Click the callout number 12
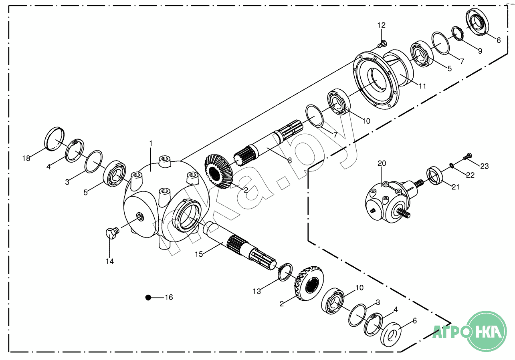pos(381,25)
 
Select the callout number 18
pos(26,159)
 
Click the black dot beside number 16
pos(148,297)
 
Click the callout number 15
pos(200,254)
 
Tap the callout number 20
pos(381,163)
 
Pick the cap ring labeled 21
pos(435,175)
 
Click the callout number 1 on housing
pos(151,143)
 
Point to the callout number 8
pos(290,160)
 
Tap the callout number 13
pos(256,292)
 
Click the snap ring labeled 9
pos(457,33)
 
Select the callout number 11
pos(422,86)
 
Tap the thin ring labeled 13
pos(285,272)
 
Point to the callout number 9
pos(480,51)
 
